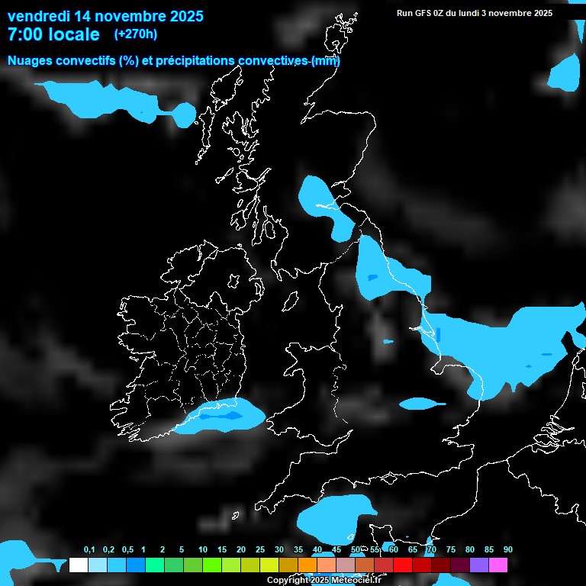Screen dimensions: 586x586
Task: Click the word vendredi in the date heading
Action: coord(39,16)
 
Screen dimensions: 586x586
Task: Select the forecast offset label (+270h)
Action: coord(136,34)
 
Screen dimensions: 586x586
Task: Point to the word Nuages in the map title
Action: coord(31,60)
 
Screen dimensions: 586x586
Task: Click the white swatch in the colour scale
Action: coord(78,565)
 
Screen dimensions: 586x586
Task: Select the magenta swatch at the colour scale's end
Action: coord(498,565)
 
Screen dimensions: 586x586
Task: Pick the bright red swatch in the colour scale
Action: coord(403,565)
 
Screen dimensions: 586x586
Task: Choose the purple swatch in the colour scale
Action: coord(479,565)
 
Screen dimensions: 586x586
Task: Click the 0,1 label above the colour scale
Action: coord(89,550)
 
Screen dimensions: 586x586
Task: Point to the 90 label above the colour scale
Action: coord(508,550)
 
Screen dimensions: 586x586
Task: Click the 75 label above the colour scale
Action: coord(451,550)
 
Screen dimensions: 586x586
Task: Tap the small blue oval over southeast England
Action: coord(422,402)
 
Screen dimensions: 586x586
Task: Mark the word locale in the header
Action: coord(74,34)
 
